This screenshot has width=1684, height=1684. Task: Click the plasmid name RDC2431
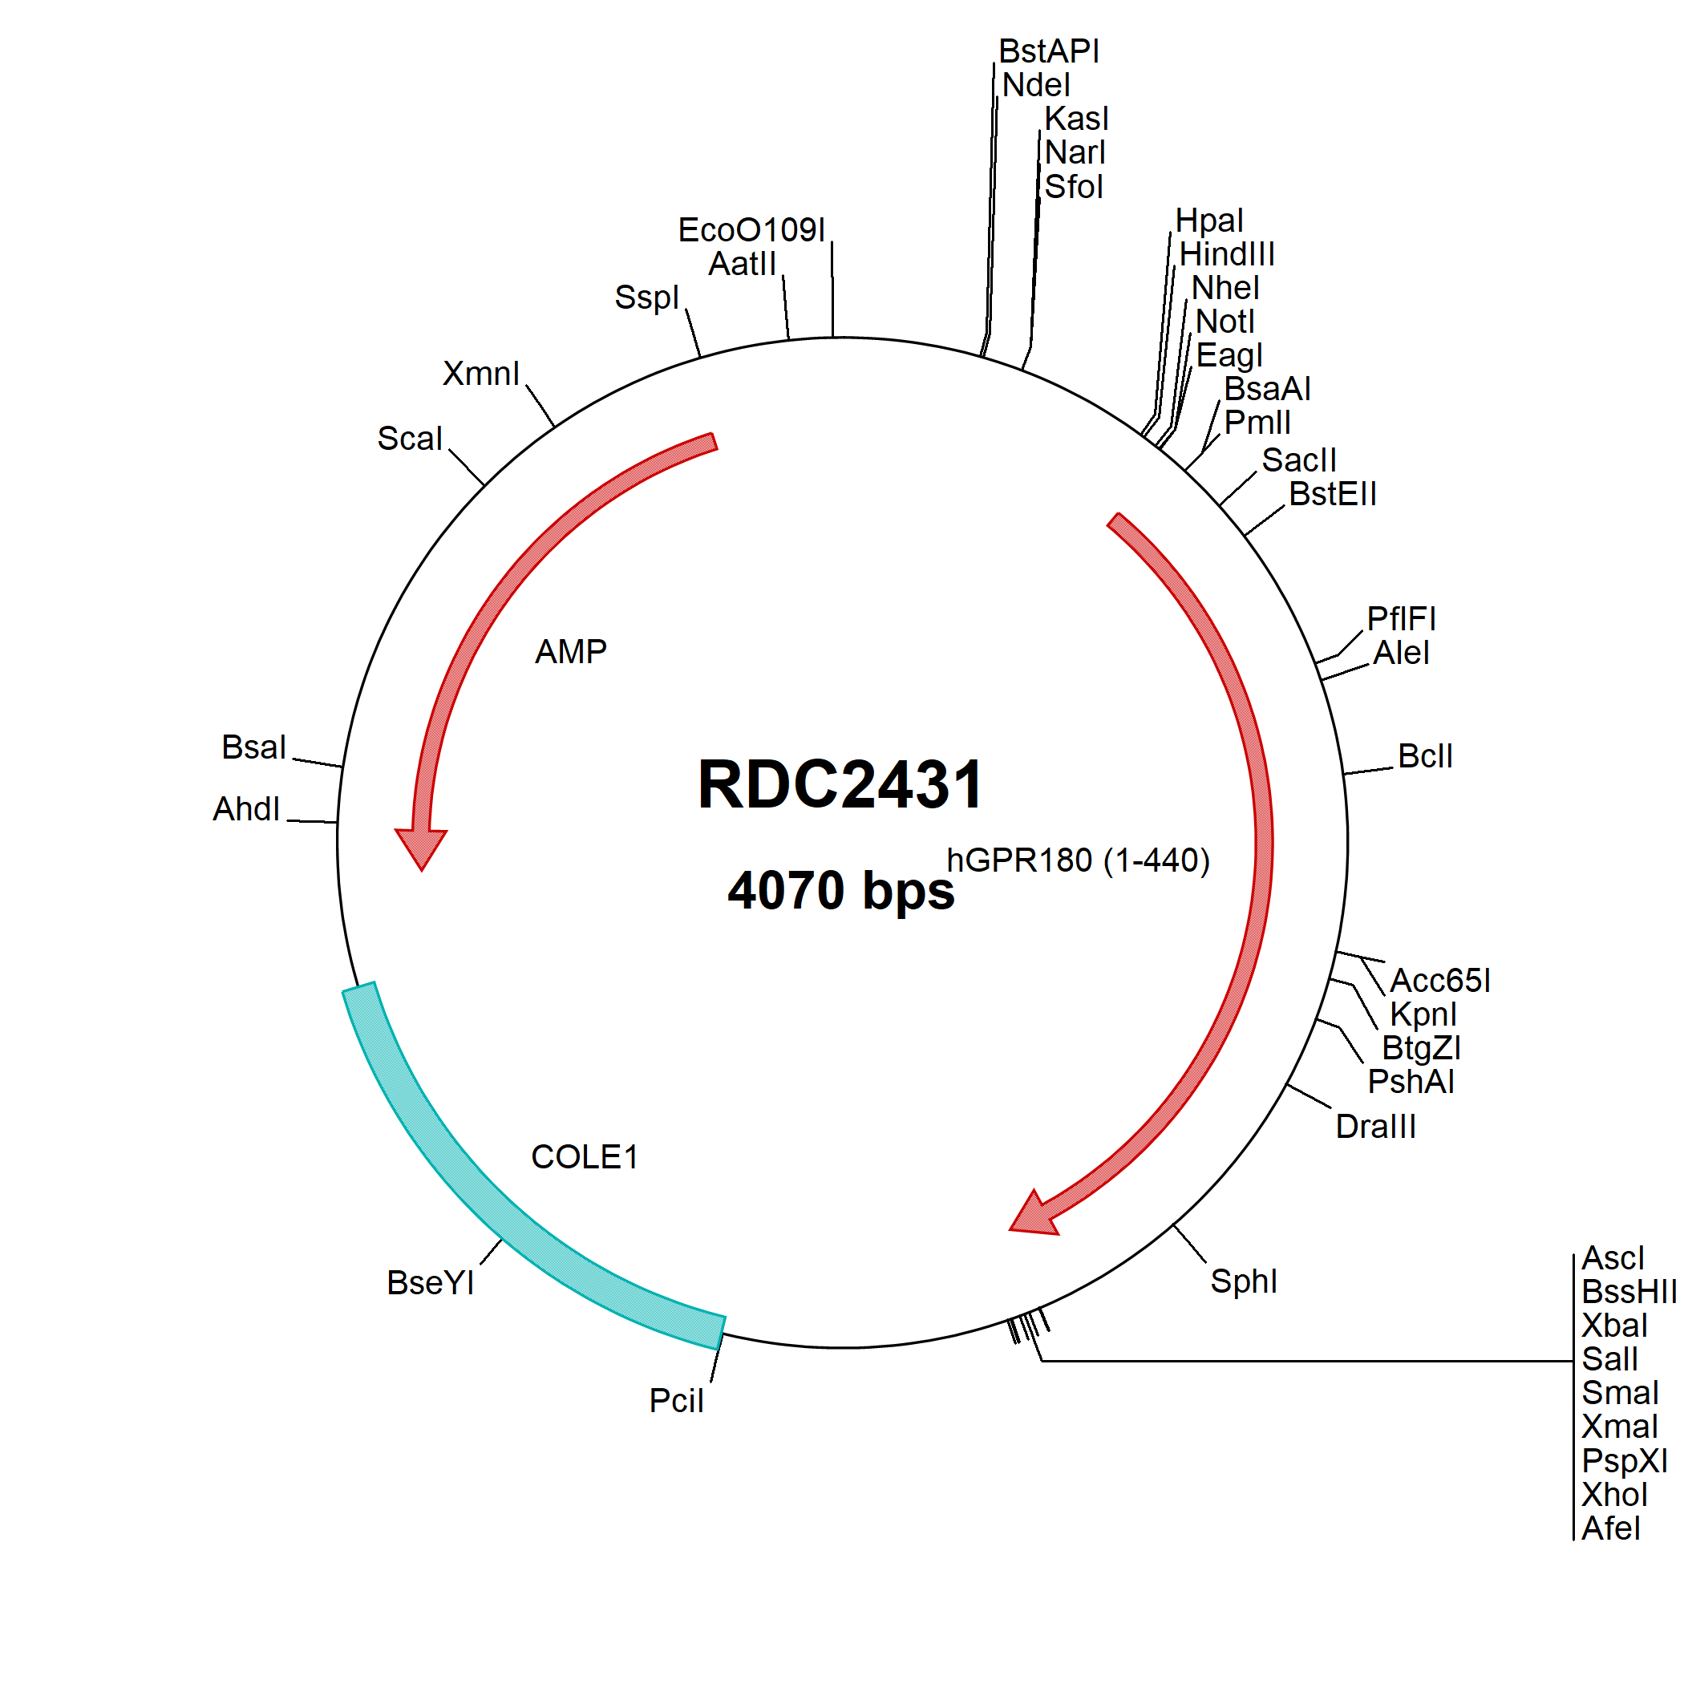pyautogui.click(x=840, y=784)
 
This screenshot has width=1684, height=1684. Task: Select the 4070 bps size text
pyautogui.click(x=841, y=890)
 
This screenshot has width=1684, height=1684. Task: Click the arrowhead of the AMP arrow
pyautogui.click(x=421, y=849)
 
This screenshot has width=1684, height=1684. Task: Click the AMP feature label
pyautogui.click(x=571, y=652)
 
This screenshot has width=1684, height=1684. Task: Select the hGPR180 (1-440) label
pyautogui.click(x=1079, y=860)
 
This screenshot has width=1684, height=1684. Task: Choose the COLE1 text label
pyautogui.click(x=585, y=1157)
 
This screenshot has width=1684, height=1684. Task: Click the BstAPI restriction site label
pyautogui.click(x=1050, y=51)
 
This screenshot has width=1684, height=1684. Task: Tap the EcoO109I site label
pyautogui.click(x=751, y=230)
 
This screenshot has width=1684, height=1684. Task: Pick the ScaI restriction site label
pyautogui.click(x=410, y=439)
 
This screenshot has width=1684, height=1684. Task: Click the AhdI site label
pyautogui.click(x=247, y=809)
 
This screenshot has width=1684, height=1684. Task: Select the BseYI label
pyautogui.click(x=431, y=1283)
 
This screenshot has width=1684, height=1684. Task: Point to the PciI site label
pyautogui.click(x=676, y=1401)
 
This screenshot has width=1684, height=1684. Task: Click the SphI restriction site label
pyautogui.click(x=1244, y=1281)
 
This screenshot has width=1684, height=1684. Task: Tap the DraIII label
pyautogui.click(x=1375, y=1126)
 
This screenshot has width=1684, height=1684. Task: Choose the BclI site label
pyautogui.click(x=1425, y=755)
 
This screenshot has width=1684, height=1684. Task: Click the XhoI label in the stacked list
pyautogui.click(x=1615, y=1495)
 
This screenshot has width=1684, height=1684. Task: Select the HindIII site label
pyautogui.click(x=1227, y=254)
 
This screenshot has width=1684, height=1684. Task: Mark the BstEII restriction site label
pyautogui.click(x=1333, y=494)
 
